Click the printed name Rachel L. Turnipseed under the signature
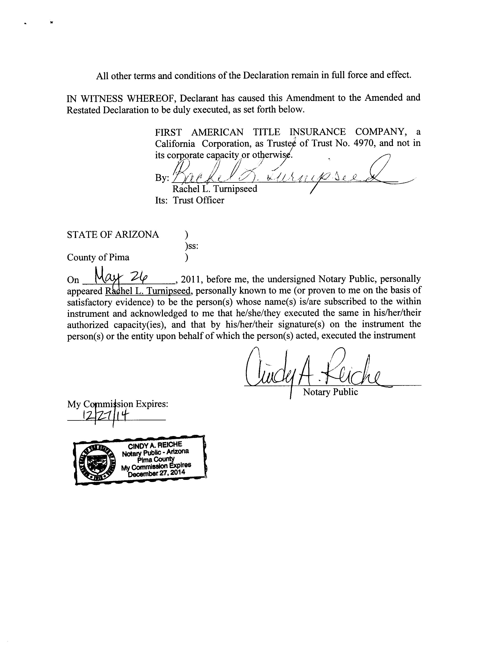pos(215,189)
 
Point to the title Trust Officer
pos(199,200)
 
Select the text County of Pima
pos(98,257)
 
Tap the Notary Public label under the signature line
pos(330,392)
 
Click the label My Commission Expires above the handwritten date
pos(118,404)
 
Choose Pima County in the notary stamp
pos(156,459)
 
